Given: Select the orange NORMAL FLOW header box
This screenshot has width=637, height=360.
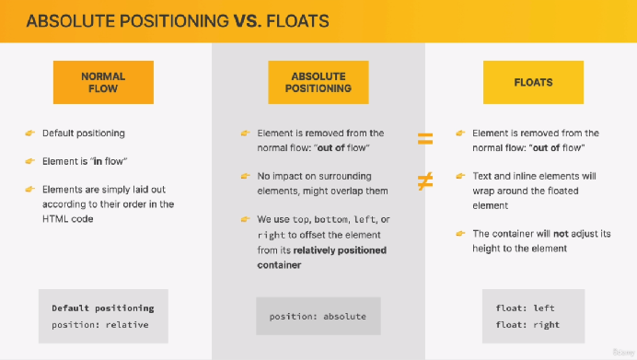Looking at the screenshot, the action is (103, 82).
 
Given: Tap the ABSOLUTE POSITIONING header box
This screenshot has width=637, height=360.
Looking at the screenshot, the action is (318, 82).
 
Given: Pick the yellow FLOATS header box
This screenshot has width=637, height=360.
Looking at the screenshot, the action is (533, 82).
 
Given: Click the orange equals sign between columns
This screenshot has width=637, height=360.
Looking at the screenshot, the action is (425, 139).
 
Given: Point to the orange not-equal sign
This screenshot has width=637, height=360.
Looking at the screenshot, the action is (425, 181).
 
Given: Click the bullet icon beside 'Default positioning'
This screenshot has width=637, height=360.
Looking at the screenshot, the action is (30, 133).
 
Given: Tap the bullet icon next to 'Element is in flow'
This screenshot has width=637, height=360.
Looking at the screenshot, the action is (30, 161).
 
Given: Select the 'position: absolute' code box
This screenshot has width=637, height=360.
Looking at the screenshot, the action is (318, 316).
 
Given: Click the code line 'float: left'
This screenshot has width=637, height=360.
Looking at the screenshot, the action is (525, 308).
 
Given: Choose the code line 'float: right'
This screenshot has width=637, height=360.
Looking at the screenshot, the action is (527, 325).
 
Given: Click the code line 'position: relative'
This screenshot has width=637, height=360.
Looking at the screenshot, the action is (100, 325).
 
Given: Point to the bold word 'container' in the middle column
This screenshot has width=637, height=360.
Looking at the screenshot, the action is (279, 265).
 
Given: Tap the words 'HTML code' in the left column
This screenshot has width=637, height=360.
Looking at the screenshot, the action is (67, 218).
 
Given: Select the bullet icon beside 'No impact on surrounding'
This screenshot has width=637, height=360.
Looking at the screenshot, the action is (245, 176).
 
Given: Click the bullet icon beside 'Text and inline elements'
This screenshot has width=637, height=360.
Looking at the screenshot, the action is (460, 176).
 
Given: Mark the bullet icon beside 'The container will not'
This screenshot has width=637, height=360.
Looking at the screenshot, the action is (460, 234).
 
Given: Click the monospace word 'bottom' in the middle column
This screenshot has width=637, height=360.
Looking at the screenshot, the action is (331, 219).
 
